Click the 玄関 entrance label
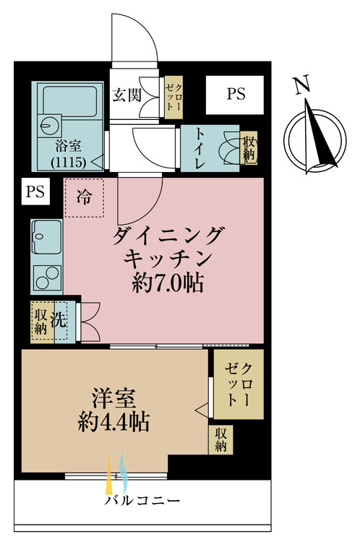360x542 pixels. point(127,95)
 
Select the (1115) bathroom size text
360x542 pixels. point(69,162)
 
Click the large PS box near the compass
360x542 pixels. point(235,95)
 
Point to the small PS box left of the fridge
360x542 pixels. point(35,191)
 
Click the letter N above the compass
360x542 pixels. point(302,86)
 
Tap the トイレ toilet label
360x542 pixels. point(200,148)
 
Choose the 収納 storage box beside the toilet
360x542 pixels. point(249,148)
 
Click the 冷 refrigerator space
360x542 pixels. point(84,198)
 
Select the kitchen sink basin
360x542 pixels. point(46,237)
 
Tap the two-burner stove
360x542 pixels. point(48,278)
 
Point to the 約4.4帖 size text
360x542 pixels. point(113,422)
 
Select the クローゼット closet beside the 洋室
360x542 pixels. point(239,384)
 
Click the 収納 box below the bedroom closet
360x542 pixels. point(220,439)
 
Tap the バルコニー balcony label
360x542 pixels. point(142,501)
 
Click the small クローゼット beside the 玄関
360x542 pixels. point(173,98)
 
